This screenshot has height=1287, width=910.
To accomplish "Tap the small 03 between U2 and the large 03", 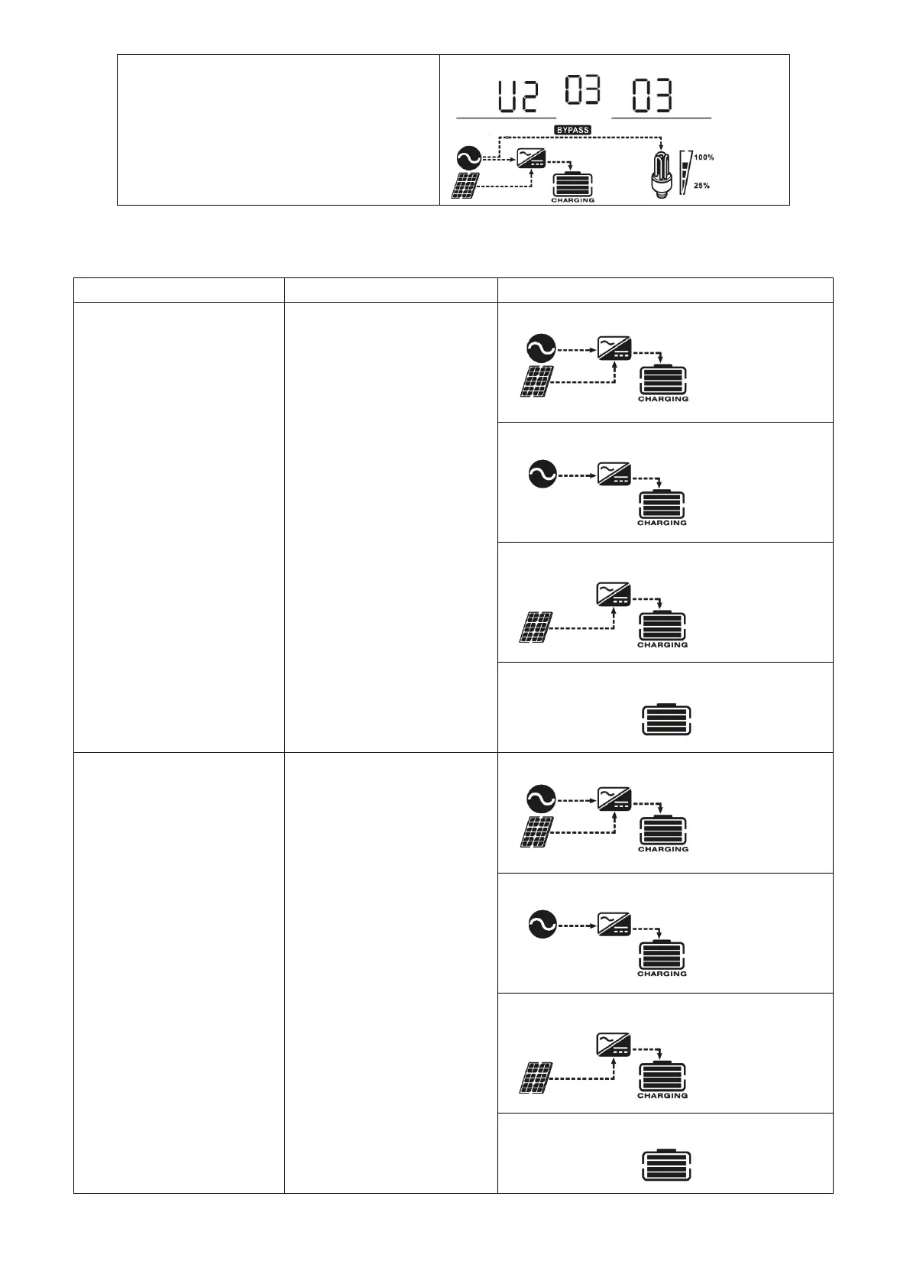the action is pos(582,89).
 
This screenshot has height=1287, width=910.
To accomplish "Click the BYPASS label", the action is pos(572,130).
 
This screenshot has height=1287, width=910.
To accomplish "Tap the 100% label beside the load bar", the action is pos(704,157).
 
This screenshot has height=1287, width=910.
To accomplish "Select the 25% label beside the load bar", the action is pos(701,186).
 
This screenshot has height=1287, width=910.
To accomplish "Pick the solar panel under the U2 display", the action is pos(465,186).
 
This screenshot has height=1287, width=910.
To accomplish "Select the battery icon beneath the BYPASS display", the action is pos(572,185).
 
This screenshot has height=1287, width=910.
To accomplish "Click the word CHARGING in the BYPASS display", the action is pos(572,200).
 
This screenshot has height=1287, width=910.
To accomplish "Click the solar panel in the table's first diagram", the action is pos(538,381).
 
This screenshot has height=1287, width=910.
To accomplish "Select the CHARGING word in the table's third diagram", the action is pos(662,644).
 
